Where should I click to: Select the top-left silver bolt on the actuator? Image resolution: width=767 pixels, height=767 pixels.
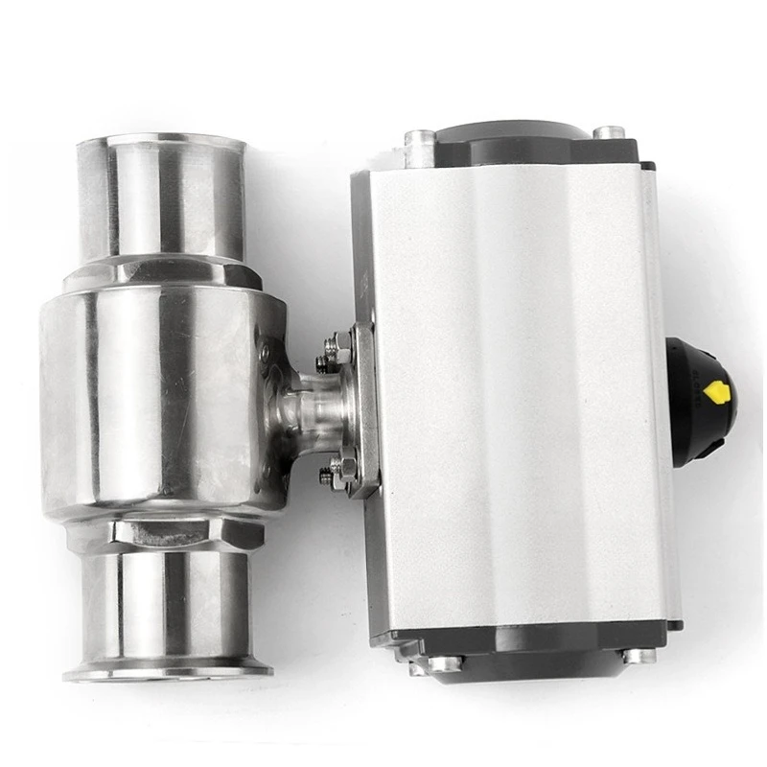pyautogui.click(x=420, y=147)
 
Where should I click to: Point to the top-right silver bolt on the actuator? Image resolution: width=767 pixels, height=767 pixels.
pyautogui.click(x=608, y=131)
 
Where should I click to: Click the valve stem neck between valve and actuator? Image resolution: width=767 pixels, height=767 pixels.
pyautogui.click(x=307, y=407)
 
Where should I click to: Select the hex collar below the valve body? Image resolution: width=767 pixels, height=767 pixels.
pyautogui.click(x=182, y=533)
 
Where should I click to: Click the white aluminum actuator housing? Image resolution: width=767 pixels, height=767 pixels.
pyautogui.click(x=518, y=393)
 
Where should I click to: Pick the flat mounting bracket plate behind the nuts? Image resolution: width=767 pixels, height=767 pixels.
pyautogui.click(x=365, y=412)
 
